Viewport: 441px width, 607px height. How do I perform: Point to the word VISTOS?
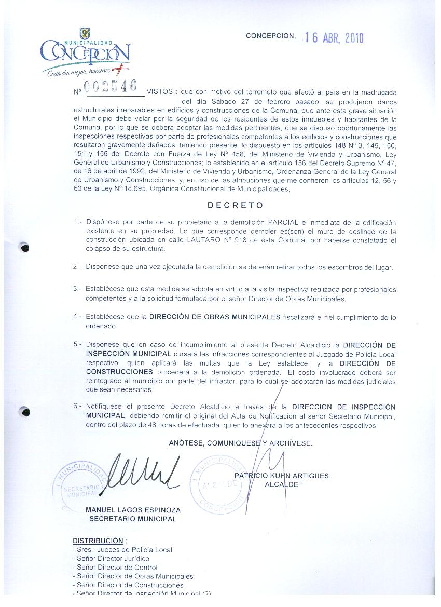160,91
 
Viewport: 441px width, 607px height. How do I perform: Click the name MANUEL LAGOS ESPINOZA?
133,510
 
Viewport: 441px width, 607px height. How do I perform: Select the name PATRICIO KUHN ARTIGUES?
281,476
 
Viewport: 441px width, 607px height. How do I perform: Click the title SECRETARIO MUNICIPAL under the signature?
133,519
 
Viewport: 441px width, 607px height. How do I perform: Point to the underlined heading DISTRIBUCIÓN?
98,541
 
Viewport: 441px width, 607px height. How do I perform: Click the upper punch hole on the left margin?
24,248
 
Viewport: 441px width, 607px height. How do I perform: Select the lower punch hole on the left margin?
24,412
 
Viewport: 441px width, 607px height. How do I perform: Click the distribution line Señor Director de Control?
115,568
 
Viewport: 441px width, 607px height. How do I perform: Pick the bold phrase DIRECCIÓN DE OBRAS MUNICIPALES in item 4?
215,317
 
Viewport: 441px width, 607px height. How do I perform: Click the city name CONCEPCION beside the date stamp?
270,36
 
